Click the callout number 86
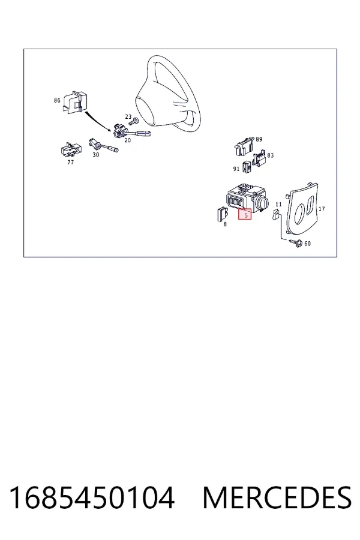click(57, 100)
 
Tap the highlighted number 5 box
click(245, 214)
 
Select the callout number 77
click(70, 162)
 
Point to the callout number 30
click(96, 155)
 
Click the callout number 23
click(128, 117)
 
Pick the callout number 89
click(259, 139)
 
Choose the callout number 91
click(236, 169)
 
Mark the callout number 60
click(307, 244)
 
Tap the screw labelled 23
click(133, 122)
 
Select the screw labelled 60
click(296, 243)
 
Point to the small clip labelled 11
click(276, 215)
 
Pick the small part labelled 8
click(221, 214)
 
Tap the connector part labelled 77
click(71, 149)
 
